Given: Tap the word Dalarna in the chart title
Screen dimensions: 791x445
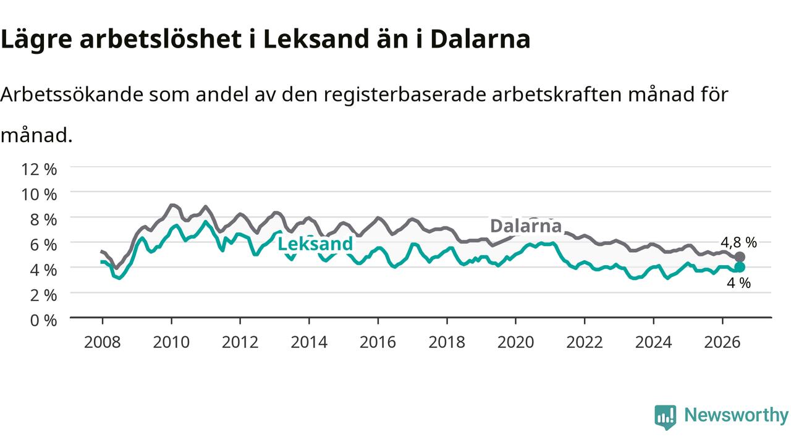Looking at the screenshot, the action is point(480,39).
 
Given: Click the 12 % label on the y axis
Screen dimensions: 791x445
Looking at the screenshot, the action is point(39,169).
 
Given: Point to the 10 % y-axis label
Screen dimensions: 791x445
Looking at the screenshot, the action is point(39,194).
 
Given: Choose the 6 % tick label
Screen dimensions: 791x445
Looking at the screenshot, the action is point(43,245).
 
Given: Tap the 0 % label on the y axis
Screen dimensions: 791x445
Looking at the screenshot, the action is point(43,320).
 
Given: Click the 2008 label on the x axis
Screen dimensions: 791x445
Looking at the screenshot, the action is point(103,342).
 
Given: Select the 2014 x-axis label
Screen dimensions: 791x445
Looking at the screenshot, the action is point(309,342).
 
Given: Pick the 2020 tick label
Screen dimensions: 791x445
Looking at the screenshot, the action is point(515,342).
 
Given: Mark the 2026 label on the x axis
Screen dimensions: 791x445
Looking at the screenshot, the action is point(722,342).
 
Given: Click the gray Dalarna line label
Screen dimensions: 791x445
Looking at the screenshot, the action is point(526,226).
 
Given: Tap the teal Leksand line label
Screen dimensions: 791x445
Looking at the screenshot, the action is point(315,244).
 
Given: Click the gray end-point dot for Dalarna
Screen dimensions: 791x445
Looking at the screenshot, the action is point(740,256).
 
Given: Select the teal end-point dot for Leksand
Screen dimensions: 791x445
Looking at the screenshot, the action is point(740,267).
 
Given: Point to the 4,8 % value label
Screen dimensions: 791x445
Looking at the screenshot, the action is point(738,242).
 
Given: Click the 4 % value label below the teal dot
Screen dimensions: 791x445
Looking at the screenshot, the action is point(738,283).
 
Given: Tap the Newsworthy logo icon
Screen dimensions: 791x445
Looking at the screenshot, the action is point(666,417).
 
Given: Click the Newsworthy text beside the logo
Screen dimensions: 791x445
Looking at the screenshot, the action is point(736,415).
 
